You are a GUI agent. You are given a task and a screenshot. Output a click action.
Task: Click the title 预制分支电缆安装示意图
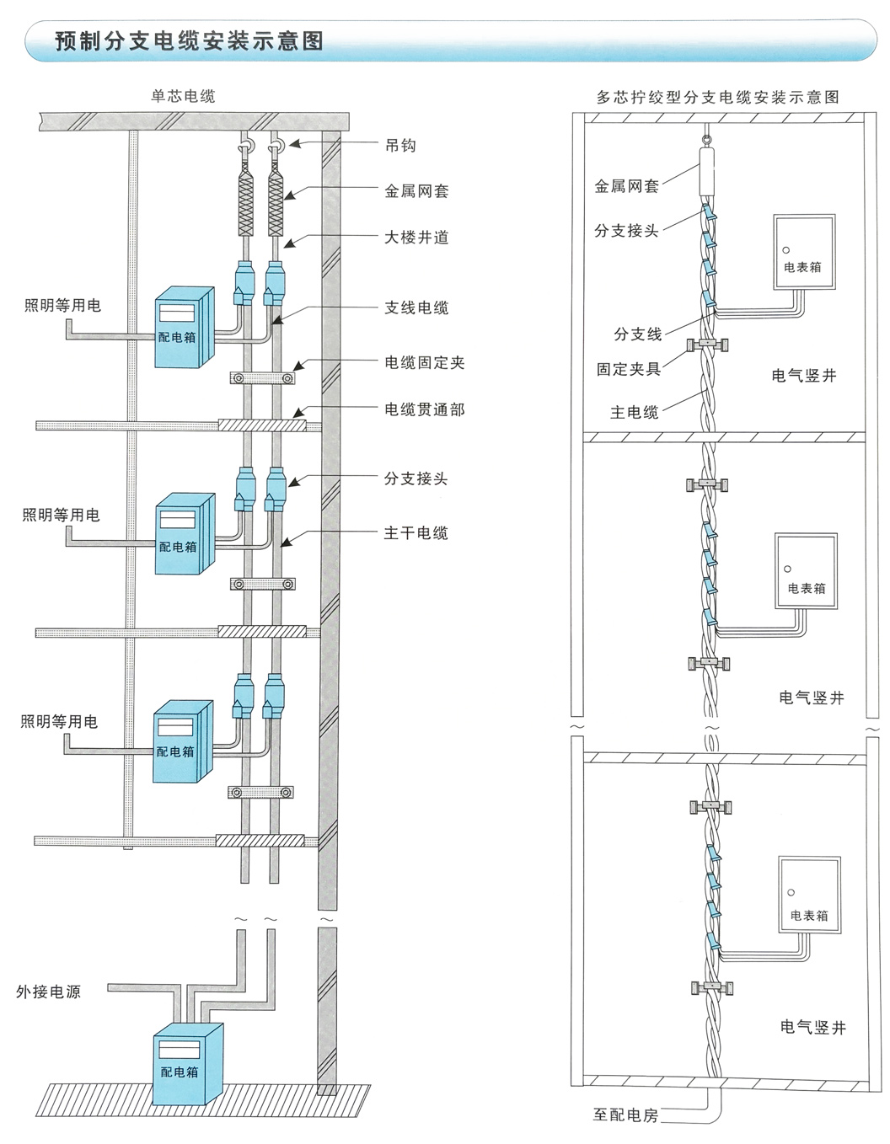point(190,41)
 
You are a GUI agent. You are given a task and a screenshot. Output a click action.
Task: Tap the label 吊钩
point(400,145)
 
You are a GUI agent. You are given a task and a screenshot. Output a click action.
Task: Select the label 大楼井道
point(416,238)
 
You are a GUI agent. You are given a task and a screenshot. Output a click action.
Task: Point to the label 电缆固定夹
point(425,362)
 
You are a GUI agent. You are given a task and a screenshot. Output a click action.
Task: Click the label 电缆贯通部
point(425,409)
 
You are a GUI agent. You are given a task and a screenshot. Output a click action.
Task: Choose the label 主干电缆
point(416,532)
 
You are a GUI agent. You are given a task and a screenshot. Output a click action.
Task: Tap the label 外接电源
point(48,992)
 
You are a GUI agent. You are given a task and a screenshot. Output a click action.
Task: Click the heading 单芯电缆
point(183,96)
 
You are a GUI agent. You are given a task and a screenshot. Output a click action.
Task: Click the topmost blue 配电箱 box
point(185,327)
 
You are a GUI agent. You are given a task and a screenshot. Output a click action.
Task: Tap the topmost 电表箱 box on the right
point(804,252)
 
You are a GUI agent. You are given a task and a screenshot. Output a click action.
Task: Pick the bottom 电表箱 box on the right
point(810,895)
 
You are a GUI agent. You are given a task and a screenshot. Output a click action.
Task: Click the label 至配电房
point(625,1115)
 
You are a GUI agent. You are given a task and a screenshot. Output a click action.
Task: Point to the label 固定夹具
point(628,369)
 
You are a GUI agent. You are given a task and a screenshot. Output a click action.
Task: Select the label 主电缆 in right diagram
point(634,412)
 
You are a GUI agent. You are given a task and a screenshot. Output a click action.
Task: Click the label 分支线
point(637,334)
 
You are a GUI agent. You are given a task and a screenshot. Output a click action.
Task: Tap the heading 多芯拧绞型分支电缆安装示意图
point(718,98)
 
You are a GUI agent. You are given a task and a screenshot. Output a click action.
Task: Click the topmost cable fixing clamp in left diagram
point(262,378)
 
